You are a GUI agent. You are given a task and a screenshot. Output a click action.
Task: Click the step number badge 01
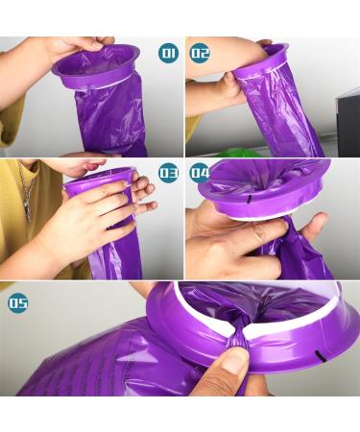click(x=168, y=53)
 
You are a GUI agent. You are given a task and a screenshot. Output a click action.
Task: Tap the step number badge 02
click(x=200, y=53)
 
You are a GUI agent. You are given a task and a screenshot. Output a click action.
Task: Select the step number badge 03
click(x=168, y=173)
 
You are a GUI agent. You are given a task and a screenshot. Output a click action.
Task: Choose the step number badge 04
click(x=200, y=173)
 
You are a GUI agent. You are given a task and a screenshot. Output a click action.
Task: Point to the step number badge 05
click(x=18, y=302)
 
